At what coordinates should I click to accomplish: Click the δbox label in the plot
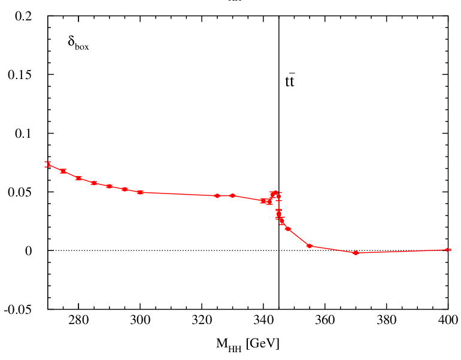coord(78,44)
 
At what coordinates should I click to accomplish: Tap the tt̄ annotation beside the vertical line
coord(290,81)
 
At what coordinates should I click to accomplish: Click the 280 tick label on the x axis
coord(78,321)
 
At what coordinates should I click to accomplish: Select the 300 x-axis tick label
coord(140,321)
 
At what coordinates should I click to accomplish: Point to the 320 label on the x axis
coord(202,321)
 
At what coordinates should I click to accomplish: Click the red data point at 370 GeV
coord(356,253)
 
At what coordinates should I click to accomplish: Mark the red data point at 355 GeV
coord(310,246)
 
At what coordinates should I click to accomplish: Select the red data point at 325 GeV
coord(217,196)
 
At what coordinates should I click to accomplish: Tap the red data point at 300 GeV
coord(140,192)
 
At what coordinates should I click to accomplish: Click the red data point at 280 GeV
coord(78,178)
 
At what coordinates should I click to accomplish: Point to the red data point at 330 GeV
coord(232,195)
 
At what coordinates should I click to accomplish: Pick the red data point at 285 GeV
coord(94,183)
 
